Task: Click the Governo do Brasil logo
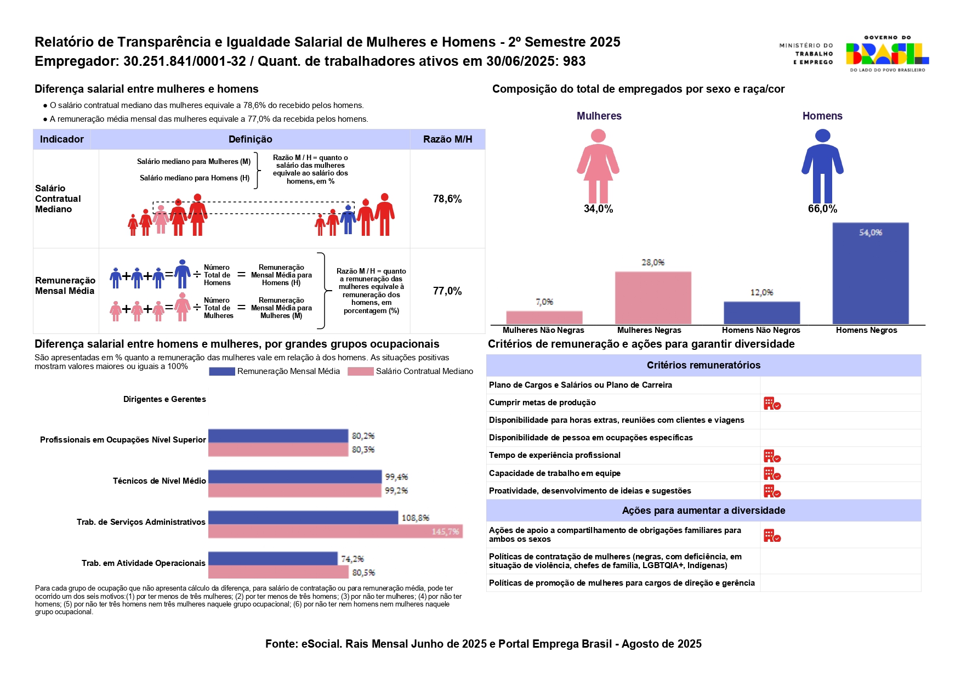click(886, 54)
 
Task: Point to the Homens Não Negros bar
click(761, 313)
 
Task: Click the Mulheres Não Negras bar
click(544, 317)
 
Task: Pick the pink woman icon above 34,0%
click(598, 166)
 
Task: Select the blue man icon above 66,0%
click(822, 166)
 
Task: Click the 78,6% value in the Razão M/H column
click(447, 199)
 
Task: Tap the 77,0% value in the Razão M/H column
click(447, 291)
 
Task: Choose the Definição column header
click(250, 139)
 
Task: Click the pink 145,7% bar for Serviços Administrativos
click(335, 531)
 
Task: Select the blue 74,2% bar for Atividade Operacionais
click(272, 558)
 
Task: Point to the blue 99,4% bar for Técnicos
click(294, 477)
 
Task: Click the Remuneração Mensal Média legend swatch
click(221, 371)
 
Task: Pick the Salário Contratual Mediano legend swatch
click(360, 371)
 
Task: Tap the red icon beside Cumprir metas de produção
click(772, 404)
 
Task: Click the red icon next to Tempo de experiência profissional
click(772, 456)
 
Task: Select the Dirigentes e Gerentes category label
click(164, 399)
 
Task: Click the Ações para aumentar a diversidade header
click(703, 511)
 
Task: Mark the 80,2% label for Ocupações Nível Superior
click(363, 436)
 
